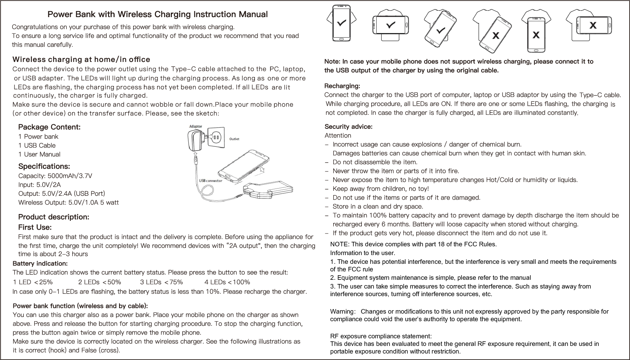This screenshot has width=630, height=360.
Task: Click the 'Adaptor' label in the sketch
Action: (x=196, y=127)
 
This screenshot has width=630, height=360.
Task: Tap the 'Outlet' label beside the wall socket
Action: (x=234, y=139)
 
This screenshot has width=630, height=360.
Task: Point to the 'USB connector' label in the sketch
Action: (x=210, y=181)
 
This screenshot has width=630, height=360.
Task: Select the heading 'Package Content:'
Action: (x=49, y=127)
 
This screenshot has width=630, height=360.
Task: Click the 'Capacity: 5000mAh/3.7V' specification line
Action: (x=55, y=176)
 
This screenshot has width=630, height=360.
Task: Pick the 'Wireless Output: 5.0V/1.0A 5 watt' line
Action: (x=68, y=203)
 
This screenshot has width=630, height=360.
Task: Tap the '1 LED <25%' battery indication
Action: (x=33, y=282)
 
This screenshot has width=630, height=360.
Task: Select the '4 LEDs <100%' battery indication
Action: (x=227, y=282)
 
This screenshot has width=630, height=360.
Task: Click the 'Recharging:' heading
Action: (x=342, y=86)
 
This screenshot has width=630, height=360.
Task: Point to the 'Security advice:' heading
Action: (x=348, y=127)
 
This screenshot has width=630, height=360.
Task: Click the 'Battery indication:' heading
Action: (x=40, y=263)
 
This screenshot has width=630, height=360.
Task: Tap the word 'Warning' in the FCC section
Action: (x=342, y=312)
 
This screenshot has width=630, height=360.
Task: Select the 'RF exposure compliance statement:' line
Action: (x=381, y=336)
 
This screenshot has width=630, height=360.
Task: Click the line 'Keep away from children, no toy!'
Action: (x=380, y=189)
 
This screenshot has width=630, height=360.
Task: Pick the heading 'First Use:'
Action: (x=35, y=227)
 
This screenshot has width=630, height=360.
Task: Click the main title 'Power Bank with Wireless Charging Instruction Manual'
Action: (x=157, y=14)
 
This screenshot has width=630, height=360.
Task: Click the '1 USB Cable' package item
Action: (x=37, y=146)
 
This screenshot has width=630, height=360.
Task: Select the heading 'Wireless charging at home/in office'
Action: (x=81, y=60)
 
